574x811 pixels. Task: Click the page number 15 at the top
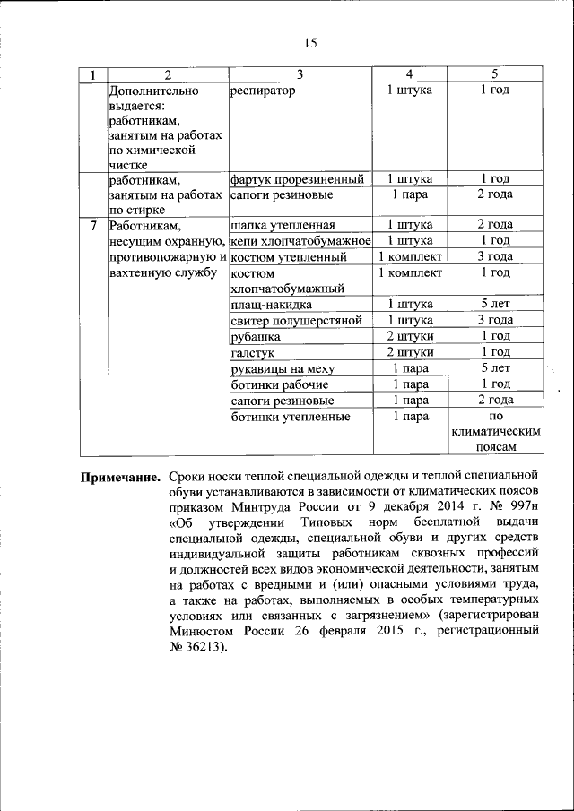pyautogui.click(x=311, y=43)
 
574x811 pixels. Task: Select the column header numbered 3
pyautogui.click(x=300, y=74)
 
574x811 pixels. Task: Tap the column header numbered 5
pyautogui.click(x=494, y=74)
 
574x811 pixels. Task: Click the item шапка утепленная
pyautogui.click(x=283, y=225)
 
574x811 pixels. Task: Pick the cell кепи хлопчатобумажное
pyautogui.click(x=300, y=241)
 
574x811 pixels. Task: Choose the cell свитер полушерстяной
pyautogui.click(x=296, y=321)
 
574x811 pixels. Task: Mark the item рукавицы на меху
pyautogui.click(x=282, y=368)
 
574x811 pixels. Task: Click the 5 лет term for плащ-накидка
pyautogui.click(x=494, y=305)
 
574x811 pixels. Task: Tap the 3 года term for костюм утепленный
pyautogui.click(x=494, y=257)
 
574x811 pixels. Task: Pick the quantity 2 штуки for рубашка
pyautogui.click(x=410, y=337)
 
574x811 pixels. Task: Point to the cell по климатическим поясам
pyautogui.click(x=494, y=432)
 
